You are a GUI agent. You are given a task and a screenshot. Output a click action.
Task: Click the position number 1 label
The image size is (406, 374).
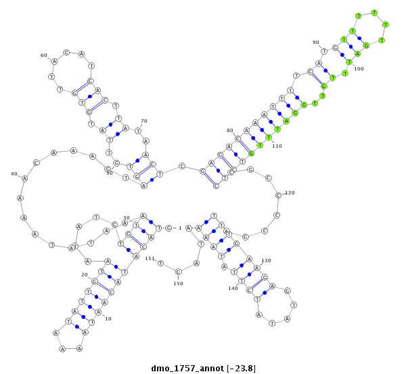[x=180, y=228]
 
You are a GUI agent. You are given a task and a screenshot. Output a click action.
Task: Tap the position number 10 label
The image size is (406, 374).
[x=108, y=319]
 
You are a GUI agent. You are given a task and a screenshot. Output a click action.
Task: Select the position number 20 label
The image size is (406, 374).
[x=85, y=274]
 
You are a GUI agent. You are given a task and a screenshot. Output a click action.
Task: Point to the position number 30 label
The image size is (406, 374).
[x=126, y=217]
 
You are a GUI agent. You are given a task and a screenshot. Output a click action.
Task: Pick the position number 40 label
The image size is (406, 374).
[x=14, y=173]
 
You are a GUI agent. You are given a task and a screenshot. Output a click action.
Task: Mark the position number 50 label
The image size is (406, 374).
[x=110, y=173]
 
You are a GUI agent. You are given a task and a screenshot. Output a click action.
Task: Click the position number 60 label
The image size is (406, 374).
[x=44, y=56]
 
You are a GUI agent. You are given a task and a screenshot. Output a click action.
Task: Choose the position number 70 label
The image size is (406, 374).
[x=143, y=121]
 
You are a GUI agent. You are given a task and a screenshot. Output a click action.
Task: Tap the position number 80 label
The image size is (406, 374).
[x=230, y=130]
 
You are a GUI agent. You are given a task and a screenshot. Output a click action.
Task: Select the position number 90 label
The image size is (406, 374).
[x=315, y=43]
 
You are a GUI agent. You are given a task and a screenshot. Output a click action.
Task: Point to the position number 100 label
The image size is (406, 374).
[x=359, y=68]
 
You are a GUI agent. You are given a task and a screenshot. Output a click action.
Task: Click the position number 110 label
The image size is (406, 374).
[x=277, y=146]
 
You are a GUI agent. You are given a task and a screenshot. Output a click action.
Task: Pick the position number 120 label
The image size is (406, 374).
[x=290, y=193]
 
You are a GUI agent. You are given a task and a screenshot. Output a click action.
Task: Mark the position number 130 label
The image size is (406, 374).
[x=266, y=260]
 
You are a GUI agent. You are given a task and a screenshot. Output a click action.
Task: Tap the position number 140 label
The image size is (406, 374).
[x=233, y=288]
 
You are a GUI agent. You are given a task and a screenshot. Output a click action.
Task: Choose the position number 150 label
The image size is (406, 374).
[x=178, y=283]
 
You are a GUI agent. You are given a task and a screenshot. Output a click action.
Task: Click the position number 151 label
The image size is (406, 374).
[x=150, y=258]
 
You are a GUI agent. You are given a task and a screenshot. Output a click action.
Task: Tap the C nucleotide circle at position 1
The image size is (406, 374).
[x=169, y=228]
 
